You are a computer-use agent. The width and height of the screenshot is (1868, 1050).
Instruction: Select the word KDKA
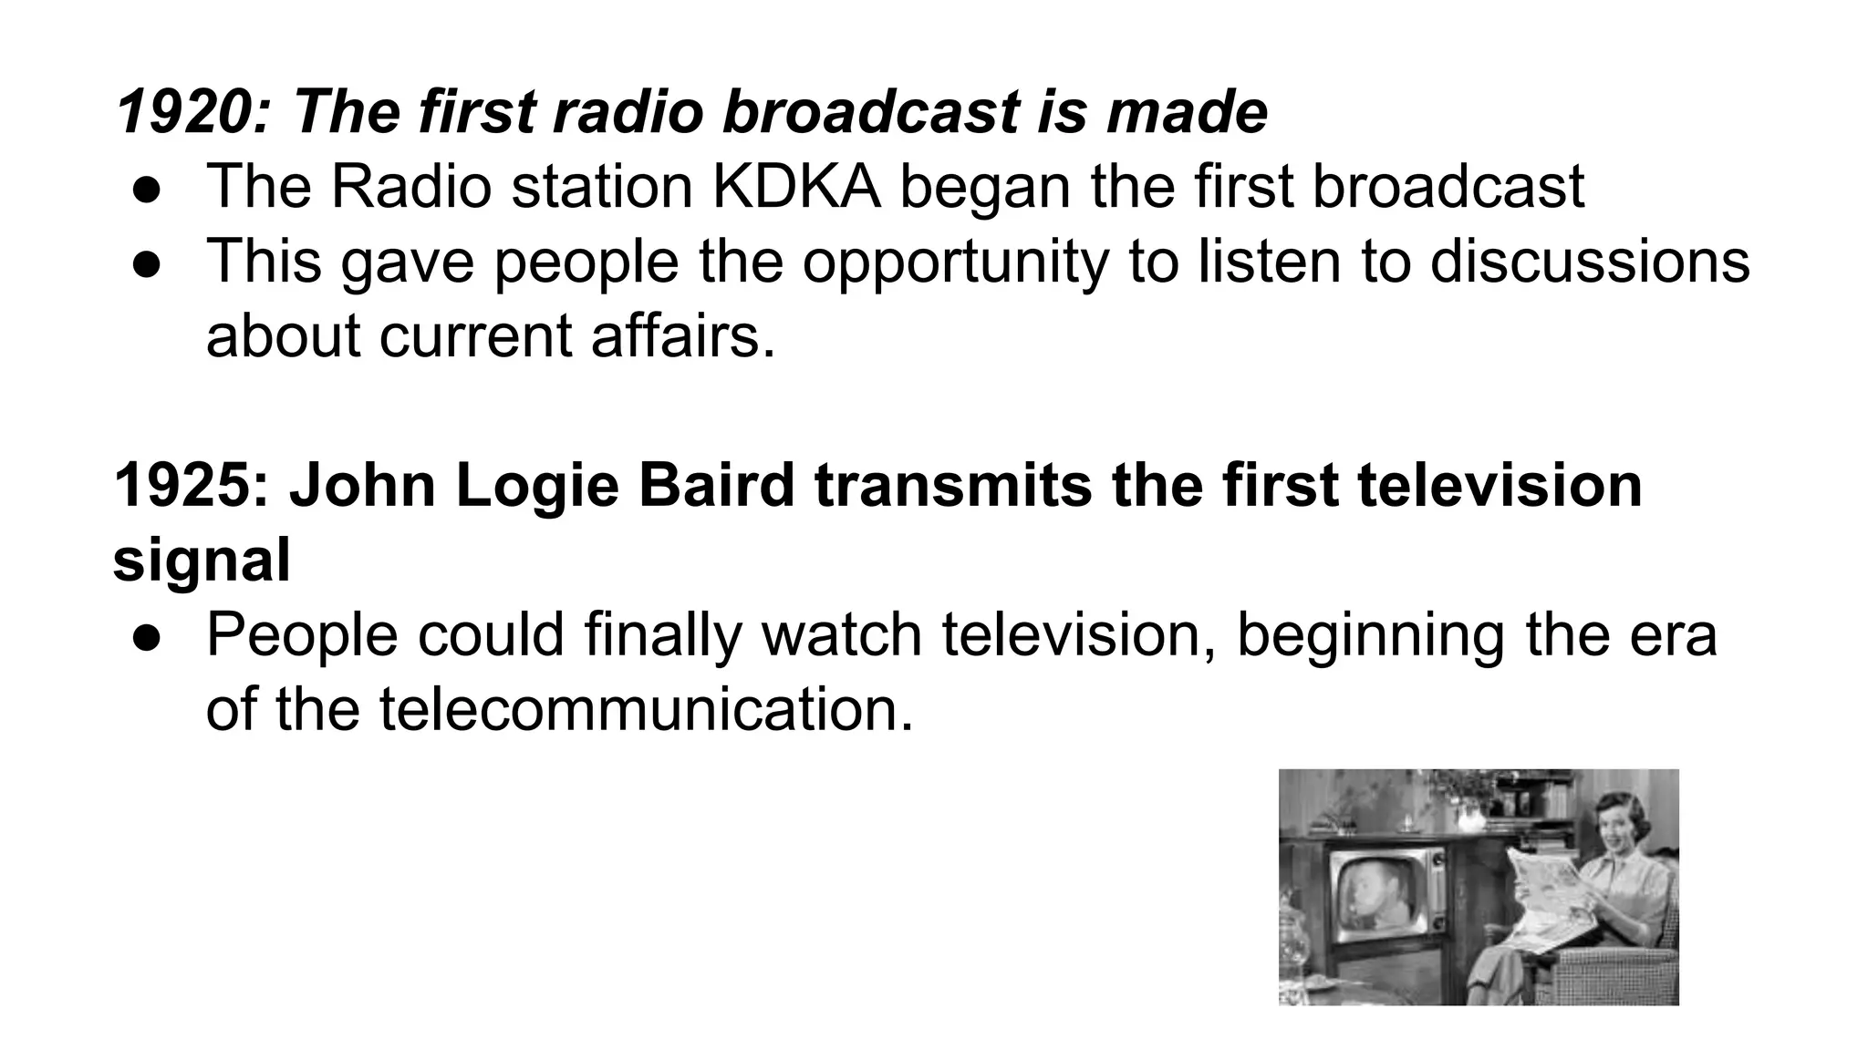tap(796, 187)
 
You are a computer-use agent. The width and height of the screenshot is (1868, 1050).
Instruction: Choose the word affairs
tap(682, 335)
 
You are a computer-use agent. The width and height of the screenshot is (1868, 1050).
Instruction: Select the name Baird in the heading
tap(716, 485)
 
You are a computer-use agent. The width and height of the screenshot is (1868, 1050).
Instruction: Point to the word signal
tap(202, 560)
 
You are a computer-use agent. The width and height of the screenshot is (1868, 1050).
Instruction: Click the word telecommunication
tap(646, 709)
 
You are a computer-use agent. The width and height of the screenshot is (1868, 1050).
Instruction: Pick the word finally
tap(663, 635)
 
